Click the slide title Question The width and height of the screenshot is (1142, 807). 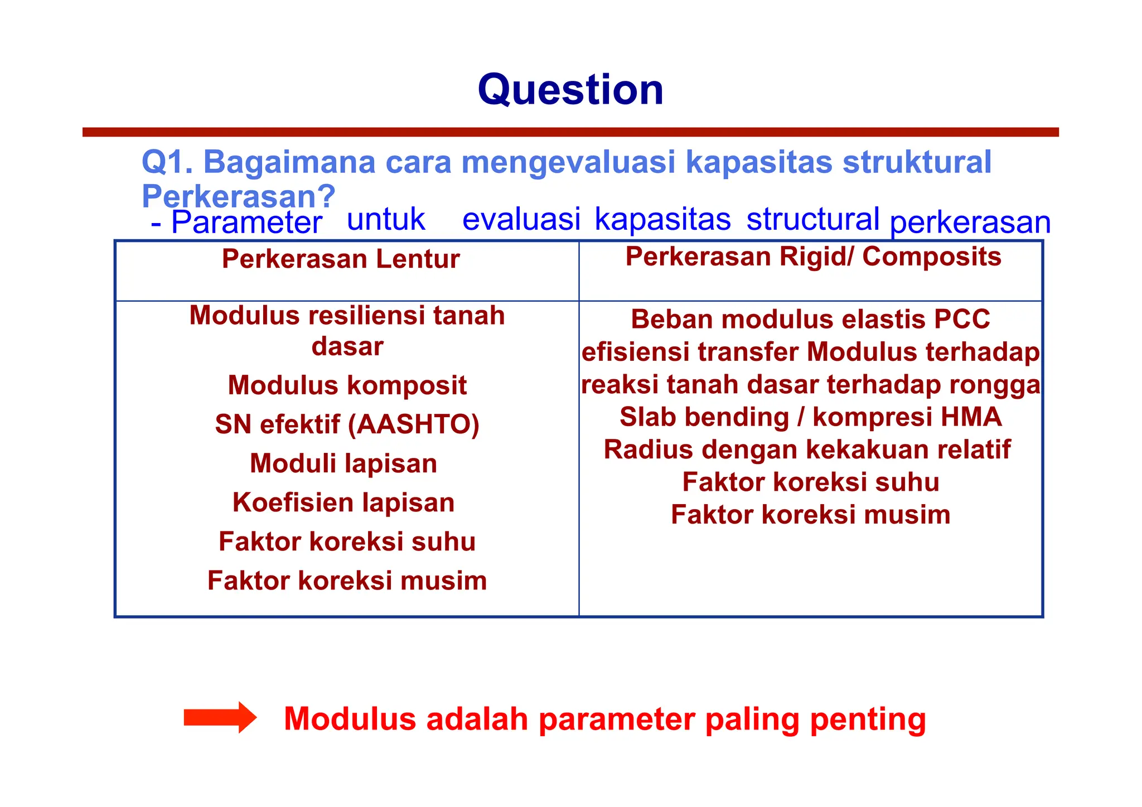(x=570, y=90)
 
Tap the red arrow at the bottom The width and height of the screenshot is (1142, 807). (x=220, y=717)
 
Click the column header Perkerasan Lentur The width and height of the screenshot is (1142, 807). (x=341, y=259)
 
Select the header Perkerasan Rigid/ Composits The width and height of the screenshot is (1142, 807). (x=813, y=257)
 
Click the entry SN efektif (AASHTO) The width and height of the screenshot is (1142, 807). (x=347, y=424)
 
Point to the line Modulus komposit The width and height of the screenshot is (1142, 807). (x=347, y=385)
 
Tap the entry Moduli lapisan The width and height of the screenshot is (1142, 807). (x=343, y=463)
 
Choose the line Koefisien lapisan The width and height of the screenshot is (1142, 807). (x=343, y=502)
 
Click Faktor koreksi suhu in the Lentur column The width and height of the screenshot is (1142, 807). (x=347, y=542)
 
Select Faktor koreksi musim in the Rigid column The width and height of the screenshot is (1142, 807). (x=810, y=515)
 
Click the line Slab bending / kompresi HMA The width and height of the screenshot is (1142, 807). (x=810, y=417)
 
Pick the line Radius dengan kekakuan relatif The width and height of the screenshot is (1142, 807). (x=807, y=450)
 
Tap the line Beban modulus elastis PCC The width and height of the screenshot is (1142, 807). (x=810, y=320)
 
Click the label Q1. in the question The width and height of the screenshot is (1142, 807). (x=167, y=162)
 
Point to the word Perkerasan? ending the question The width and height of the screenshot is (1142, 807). (x=238, y=196)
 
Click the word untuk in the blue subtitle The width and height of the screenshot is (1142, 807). (x=386, y=219)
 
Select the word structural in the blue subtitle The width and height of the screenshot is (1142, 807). (x=812, y=219)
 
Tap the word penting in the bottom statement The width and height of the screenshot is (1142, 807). (x=868, y=719)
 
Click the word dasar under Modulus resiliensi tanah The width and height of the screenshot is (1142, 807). (x=347, y=346)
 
